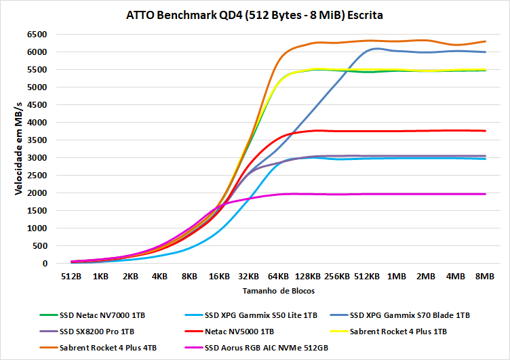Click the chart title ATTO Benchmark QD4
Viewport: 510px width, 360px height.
(254, 14)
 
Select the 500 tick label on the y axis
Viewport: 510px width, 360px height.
(39, 245)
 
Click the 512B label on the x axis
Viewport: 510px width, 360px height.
(71, 277)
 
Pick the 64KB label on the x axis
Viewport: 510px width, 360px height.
(277, 277)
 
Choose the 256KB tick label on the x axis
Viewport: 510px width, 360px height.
(336, 277)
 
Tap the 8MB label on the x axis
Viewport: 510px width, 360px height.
(484, 277)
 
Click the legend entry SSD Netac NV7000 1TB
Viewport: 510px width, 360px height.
(102, 315)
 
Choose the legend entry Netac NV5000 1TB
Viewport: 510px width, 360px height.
(239, 332)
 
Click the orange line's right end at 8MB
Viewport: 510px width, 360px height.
(484, 41)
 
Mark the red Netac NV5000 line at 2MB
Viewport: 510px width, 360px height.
(425, 131)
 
